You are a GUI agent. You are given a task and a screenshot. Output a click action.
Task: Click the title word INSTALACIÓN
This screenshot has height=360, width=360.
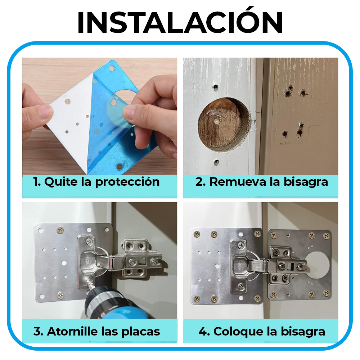(180, 21)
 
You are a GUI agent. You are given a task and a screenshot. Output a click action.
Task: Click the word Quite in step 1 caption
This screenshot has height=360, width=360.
(61, 182)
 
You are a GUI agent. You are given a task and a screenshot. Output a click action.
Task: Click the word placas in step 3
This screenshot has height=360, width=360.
(140, 332)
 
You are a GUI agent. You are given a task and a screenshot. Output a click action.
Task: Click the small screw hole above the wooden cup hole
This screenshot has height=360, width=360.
(216, 87)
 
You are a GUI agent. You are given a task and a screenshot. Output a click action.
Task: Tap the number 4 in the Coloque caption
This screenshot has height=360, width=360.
(203, 332)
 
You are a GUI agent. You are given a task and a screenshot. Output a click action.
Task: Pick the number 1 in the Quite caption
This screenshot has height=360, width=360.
(36, 182)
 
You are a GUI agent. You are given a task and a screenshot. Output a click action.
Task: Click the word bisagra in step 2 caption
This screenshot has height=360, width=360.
(306, 182)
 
